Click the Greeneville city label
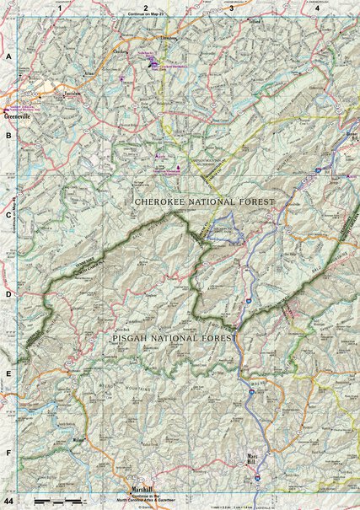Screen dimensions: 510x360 point(19,117)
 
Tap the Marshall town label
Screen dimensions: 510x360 point(139,489)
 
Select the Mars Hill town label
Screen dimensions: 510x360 point(249,462)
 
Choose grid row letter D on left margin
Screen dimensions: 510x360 point(8,295)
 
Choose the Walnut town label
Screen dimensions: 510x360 point(80,439)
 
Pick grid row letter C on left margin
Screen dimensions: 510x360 point(8,215)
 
